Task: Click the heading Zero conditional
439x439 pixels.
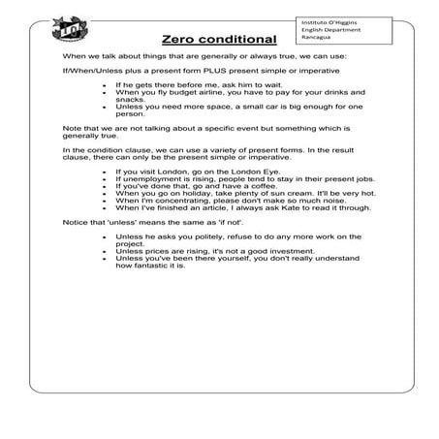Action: pyautogui.click(x=220, y=40)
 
